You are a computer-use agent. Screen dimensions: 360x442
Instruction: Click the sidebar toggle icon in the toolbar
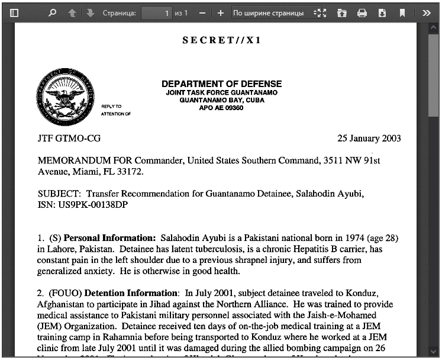(x=15, y=12)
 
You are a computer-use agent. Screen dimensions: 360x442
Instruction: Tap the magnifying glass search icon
(x=52, y=12)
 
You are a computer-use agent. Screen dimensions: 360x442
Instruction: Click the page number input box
(x=157, y=12)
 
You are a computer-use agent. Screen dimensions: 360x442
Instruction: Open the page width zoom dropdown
(x=270, y=12)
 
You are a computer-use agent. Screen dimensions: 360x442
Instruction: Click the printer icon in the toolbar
(x=362, y=12)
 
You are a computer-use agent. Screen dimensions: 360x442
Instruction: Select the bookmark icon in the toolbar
(x=402, y=12)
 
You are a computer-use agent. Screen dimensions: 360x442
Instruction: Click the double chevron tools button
(x=426, y=12)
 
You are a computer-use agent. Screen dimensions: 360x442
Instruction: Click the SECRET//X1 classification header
(x=222, y=40)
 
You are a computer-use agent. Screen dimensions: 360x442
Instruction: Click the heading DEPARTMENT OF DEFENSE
(x=221, y=83)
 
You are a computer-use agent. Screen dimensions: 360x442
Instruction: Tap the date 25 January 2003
(x=369, y=139)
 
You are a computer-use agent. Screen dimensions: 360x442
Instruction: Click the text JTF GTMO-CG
(x=69, y=139)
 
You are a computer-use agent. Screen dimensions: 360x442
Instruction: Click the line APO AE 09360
(x=221, y=108)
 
